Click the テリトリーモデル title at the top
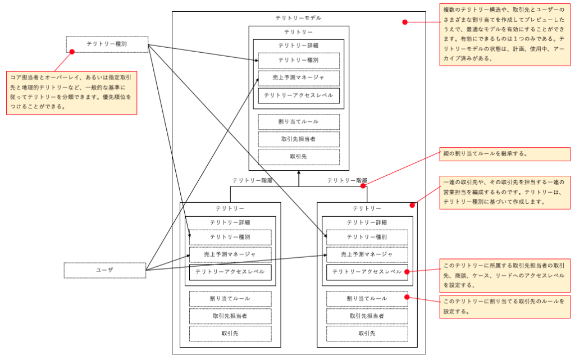[298, 18]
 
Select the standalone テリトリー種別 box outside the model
[107, 44]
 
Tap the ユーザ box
[104, 270]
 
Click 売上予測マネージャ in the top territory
[299, 78]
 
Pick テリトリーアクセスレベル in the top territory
[299, 95]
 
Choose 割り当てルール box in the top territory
[299, 122]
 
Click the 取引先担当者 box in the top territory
[299, 139]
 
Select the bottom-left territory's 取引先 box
[230, 334]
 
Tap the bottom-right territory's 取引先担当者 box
[367, 316]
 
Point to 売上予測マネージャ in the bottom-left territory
[230, 254]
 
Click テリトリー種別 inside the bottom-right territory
[367, 237]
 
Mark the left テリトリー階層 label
[252, 181]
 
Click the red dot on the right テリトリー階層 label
[363, 185]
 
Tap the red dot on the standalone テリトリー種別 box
[72, 52]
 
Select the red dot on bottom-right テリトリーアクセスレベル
[407, 272]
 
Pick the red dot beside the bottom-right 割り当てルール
[407, 298]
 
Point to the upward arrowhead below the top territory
[299, 174]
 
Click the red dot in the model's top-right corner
[405, 22]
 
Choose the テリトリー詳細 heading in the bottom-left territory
[230, 222]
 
